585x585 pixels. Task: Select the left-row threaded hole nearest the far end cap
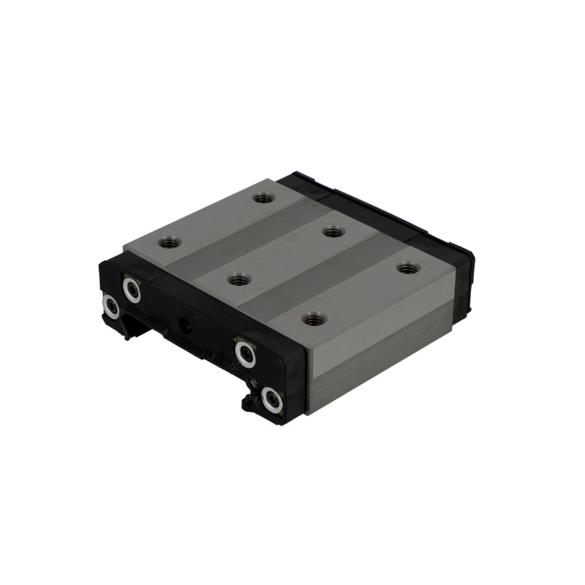pyautogui.click(x=263, y=197)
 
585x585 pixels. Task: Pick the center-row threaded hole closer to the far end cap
pyautogui.click(x=333, y=233)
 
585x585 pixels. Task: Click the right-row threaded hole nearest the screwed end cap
pyautogui.click(x=314, y=319)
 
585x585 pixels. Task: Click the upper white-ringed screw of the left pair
pyautogui.click(x=132, y=290)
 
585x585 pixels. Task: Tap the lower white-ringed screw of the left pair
pyautogui.click(x=110, y=307)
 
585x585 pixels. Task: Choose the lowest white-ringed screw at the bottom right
pyautogui.click(x=272, y=399)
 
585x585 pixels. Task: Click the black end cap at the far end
pyautogui.click(x=380, y=212)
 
